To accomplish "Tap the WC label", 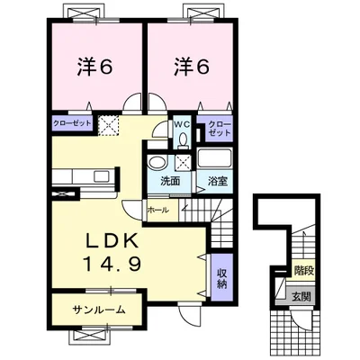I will point(181,125).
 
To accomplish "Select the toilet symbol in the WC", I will point(181,139).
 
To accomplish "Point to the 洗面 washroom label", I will point(170,181).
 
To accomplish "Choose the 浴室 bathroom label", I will point(217,181).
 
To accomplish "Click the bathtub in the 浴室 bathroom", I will point(216,160).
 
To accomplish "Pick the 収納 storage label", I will point(221,276).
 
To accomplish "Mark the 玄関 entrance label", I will point(300,296).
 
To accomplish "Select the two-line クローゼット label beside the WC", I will point(220,130).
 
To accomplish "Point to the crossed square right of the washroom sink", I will point(184,163).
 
